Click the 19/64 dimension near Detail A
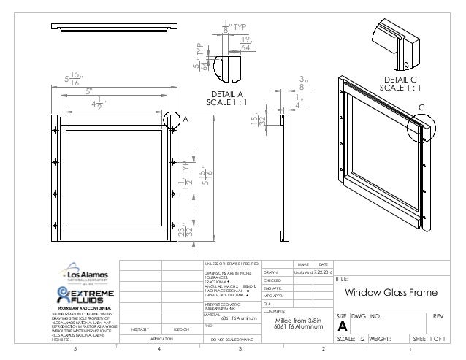(x=267, y=44)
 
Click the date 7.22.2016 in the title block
(x=322, y=272)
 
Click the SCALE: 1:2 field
(x=351, y=340)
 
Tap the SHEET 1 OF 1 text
(x=432, y=340)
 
